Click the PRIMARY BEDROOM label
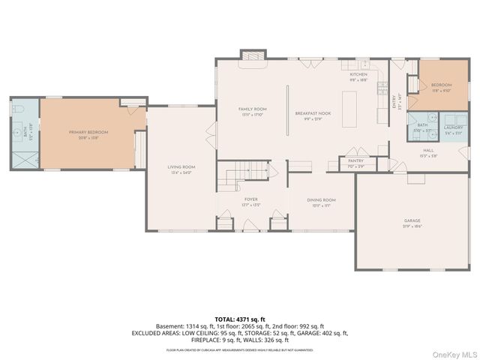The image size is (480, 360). point(88,132)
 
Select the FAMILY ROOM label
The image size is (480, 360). point(253,109)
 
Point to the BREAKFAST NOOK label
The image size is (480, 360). point(312,109)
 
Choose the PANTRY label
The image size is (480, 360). point(355,160)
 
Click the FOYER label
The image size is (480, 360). point(250,199)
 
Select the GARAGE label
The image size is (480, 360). point(412,220)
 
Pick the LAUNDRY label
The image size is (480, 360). point(453,127)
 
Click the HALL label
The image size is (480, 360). point(427,152)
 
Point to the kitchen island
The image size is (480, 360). point(349,111)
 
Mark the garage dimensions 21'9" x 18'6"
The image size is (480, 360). point(412,226)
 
